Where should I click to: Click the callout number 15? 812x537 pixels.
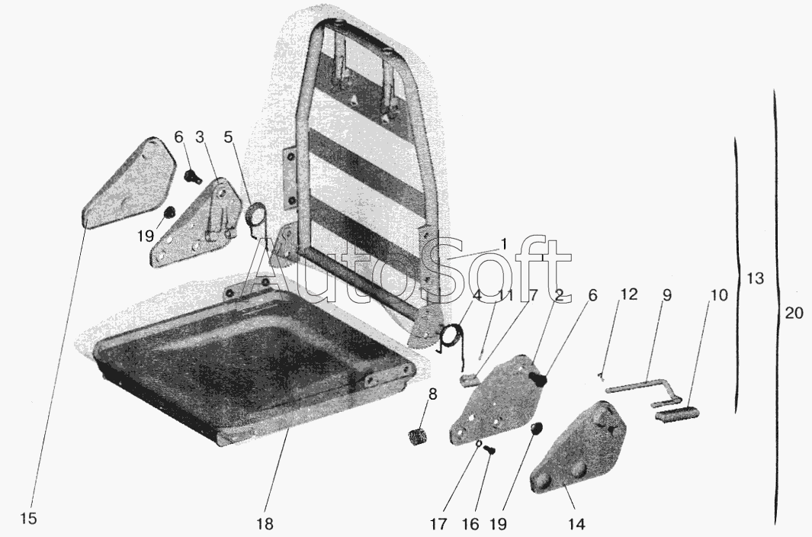coord(29,519)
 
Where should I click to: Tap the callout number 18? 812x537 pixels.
coord(265,523)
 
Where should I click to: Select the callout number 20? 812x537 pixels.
coord(794,313)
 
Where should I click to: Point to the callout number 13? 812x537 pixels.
coord(756,278)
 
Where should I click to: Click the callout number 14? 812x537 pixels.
coord(576,524)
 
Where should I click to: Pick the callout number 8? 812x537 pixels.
coord(432,394)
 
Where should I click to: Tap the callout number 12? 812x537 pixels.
coord(629,294)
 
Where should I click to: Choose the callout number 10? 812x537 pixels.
coord(719,295)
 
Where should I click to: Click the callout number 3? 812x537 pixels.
coord(200,137)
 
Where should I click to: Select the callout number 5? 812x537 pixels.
coord(229,137)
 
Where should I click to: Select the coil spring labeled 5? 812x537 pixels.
coord(255,217)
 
